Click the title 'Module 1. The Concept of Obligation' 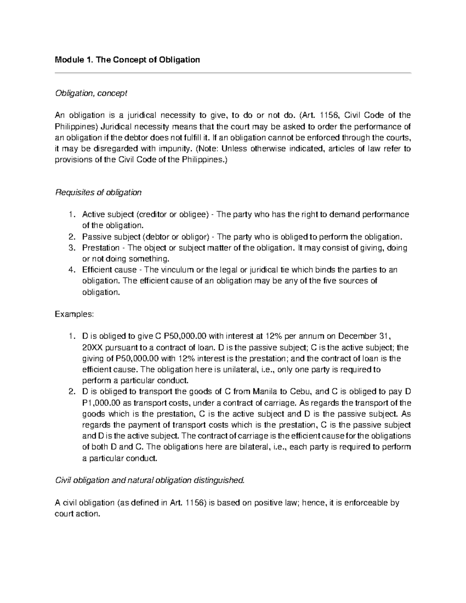coord(127,60)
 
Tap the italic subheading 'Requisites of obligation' coord(99,192)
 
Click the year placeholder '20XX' coord(93,347)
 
